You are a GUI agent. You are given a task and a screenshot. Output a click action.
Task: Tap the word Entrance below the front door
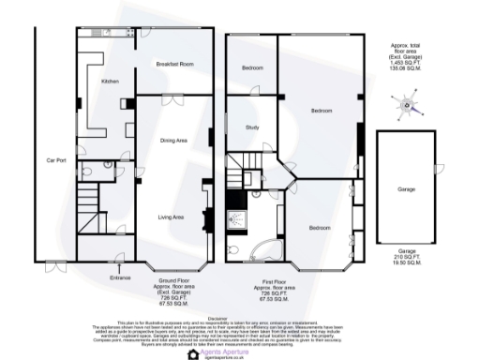(121, 277)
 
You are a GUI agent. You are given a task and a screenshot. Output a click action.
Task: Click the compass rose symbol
(408, 106)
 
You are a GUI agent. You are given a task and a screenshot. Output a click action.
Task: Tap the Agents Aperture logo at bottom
(217, 352)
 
